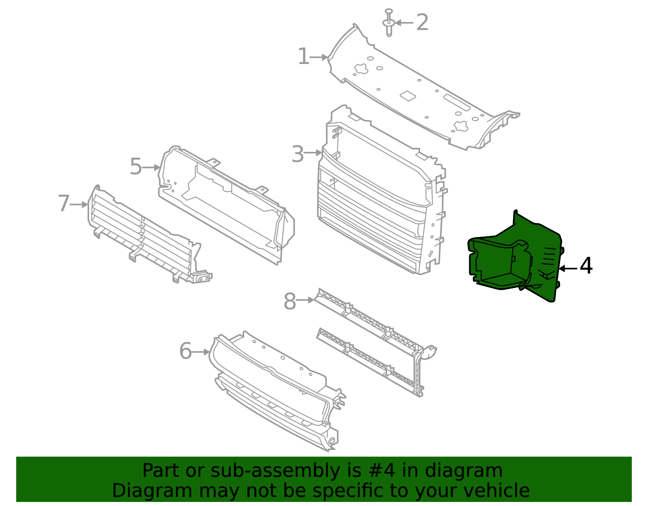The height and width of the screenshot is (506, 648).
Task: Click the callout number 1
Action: tap(303, 57)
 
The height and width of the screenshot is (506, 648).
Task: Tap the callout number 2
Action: tap(422, 22)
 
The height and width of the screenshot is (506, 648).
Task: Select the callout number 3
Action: tap(298, 154)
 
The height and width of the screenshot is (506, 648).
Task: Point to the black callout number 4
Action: tap(586, 267)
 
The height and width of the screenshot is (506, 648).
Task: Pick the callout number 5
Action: tap(136, 167)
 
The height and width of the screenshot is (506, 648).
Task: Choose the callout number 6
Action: tap(185, 351)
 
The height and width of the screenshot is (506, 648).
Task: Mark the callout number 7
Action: tap(64, 203)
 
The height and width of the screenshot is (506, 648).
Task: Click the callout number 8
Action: tap(290, 302)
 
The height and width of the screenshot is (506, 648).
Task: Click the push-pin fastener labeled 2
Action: tap(389, 22)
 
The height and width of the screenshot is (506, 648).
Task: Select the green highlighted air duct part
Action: tap(514, 259)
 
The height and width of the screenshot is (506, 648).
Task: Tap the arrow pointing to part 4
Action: tap(568, 268)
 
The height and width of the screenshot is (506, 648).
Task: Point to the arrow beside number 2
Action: tap(404, 23)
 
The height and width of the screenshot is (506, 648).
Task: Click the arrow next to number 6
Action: tap(200, 352)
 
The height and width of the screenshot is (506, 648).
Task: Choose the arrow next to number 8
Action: tap(305, 300)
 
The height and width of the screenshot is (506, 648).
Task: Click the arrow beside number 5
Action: tap(151, 167)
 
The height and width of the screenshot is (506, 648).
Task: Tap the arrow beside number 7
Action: tap(79, 205)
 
